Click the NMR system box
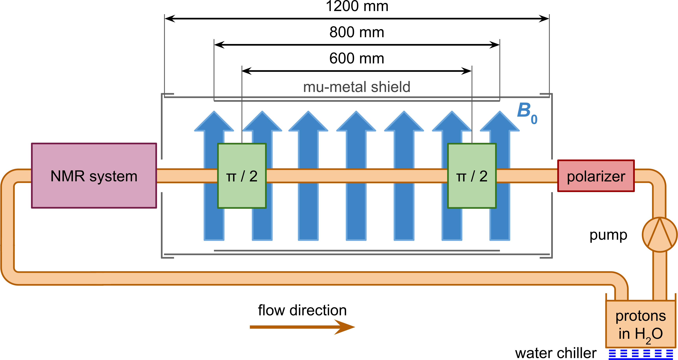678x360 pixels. [94, 176]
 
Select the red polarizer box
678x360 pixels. [596, 176]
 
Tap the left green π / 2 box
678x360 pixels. [242, 176]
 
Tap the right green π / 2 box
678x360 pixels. [472, 176]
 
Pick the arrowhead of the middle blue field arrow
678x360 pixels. [356, 122]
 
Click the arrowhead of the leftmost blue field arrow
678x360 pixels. [214, 122]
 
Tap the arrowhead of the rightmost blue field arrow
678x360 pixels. [500, 122]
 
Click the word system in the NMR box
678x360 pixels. [113, 176]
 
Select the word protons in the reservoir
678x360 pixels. [640, 316]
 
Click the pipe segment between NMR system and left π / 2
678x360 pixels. [187, 176]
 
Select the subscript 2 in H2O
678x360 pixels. [648, 341]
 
